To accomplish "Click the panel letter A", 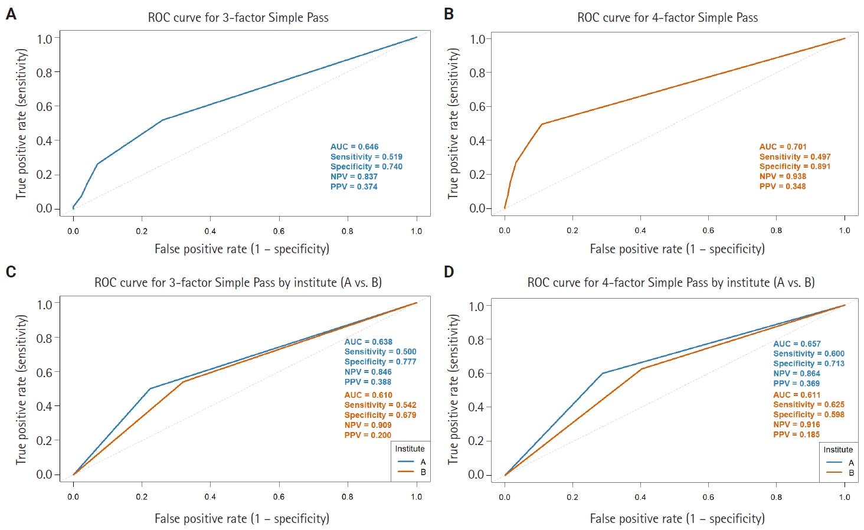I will pyautogui.click(x=11, y=14).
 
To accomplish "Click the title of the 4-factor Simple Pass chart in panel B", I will pyautogui.click(x=667, y=18).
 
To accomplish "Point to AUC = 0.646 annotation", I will pyautogui.click(x=354, y=147).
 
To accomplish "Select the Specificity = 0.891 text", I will pyautogui.click(x=794, y=166).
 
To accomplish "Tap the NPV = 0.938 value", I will pyautogui.click(x=783, y=176).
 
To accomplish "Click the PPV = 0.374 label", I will pyautogui.click(x=354, y=187).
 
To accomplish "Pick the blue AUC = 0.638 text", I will pyautogui.click(x=368, y=342).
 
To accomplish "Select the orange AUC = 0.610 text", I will pyautogui.click(x=368, y=395).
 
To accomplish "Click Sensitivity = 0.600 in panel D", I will pyautogui.click(x=809, y=354).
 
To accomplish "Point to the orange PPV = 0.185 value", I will pyautogui.click(x=796, y=434).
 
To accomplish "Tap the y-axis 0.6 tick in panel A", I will pyautogui.click(x=44, y=106).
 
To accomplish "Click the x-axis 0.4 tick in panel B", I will pyautogui.click(x=640, y=230).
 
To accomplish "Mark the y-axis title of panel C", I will pyautogui.click(x=22, y=389).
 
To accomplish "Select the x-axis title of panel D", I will pyautogui.click(x=677, y=519).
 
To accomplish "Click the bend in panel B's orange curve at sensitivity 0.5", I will pyautogui.click(x=542, y=124).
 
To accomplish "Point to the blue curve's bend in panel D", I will pyautogui.click(x=603, y=373).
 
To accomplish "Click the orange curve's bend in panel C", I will pyautogui.click(x=183, y=382).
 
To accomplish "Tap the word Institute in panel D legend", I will pyautogui.click(x=838, y=450).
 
